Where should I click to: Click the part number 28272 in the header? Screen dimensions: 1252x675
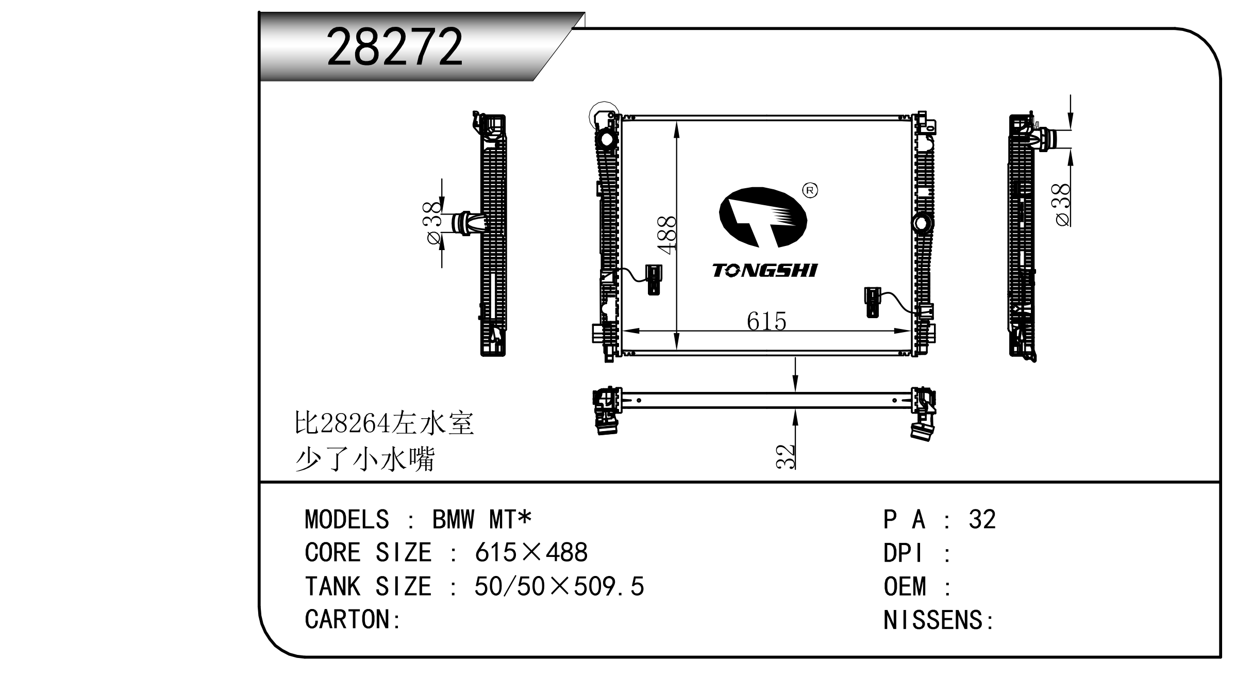[x=395, y=47]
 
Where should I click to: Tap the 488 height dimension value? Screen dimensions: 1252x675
[x=667, y=235]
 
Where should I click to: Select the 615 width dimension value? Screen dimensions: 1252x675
[x=766, y=321]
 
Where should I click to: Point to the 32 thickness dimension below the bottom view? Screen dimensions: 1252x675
[x=786, y=456]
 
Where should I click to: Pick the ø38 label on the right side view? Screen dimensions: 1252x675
[x=1062, y=205]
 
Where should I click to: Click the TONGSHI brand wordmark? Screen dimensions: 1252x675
[x=765, y=270]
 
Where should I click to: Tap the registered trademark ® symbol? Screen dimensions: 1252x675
[x=810, y=190]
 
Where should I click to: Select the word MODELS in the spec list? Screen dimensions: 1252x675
[x=347, y=519]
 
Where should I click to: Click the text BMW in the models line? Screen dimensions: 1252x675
[x=453, y=519]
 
